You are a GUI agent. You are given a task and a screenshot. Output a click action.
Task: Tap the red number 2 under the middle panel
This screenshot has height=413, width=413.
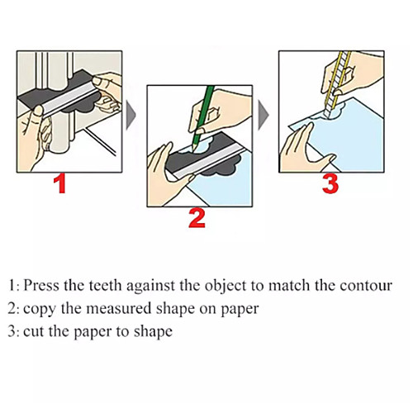tap(197, 218)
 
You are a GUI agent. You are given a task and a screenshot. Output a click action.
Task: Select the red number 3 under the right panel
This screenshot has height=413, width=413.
tap(330, 184)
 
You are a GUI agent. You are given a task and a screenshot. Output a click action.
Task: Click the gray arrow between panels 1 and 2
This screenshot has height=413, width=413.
tap(131, 115)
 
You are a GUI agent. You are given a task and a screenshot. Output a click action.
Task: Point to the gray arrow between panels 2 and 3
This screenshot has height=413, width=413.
tap(263, 115)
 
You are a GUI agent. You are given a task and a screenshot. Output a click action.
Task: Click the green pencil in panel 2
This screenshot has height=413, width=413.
tap(203, 118)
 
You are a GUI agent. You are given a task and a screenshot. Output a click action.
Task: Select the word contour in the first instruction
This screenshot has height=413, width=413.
tap(366, 285)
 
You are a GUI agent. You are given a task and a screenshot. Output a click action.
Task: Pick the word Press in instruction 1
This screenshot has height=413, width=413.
tap(41, 285)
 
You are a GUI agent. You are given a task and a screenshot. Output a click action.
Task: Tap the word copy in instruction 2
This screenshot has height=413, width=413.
tap(40, 310)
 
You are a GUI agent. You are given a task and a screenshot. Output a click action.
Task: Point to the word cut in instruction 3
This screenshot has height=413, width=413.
tap(34, 331)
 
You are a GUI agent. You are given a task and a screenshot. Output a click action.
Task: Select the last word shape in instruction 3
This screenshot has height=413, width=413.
tap(153, 332)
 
